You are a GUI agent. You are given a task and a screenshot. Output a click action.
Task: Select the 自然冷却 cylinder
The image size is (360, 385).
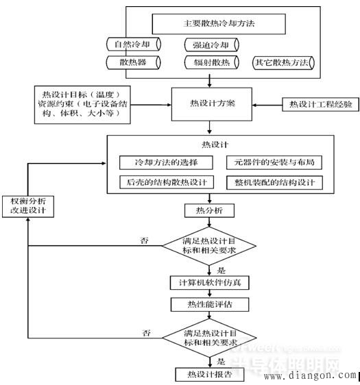click(134, 45)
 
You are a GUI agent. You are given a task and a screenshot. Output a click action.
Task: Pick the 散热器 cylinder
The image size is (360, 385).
click(134, 63)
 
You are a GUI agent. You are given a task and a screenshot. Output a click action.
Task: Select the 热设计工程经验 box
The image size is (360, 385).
click(315, 105)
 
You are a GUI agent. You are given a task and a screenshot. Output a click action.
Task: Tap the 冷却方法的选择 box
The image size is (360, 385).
click(167, 162)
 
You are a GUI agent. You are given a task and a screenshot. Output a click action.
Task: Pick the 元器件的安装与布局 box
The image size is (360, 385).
click(274, 162)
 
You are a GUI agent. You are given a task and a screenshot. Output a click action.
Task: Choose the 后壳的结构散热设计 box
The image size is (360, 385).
click(167, 182)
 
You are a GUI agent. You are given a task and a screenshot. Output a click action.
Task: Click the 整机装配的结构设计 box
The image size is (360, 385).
click(274, 182)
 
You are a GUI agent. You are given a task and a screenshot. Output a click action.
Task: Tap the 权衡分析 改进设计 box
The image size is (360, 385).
click(27, 206)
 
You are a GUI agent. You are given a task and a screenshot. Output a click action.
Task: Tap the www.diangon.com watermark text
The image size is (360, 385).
click(309, 375)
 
